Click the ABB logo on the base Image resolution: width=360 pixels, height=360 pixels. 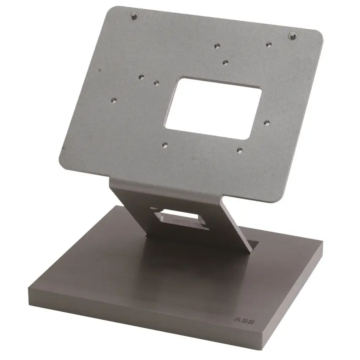pyautogui.click(x=244, y=321)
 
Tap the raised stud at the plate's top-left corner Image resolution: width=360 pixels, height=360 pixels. pyautogui.click(x=134, y=16)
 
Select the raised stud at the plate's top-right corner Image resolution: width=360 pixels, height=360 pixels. pyautogui.click(x=293, y=35)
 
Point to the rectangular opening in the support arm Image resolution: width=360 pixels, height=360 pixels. pyautogui.click(x=181, y=219)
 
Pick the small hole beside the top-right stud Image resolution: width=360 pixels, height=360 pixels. pyautogui.click(x=269, y=44)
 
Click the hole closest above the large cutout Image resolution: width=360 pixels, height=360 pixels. pyautogui.click(x=225, y=62)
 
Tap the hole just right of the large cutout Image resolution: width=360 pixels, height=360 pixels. pyautogui.click(x=266, y=123)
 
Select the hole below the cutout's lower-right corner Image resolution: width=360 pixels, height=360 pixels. pyautogui.click(x=239, y=151)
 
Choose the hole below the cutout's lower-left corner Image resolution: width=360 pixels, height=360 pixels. pyautogui.click(x=165, y=145)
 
